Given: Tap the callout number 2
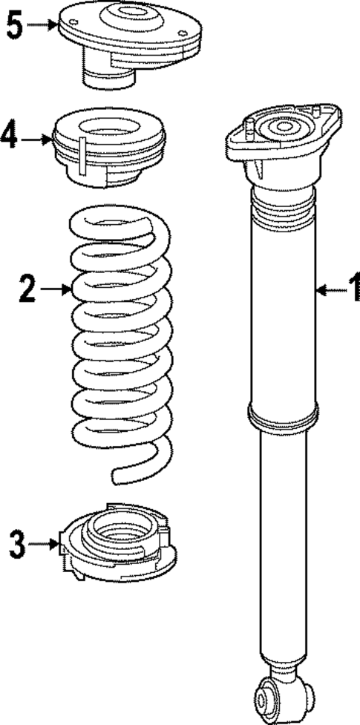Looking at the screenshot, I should coord(27,288).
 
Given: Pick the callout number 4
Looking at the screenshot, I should coord(10,137).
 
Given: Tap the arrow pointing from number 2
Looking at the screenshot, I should coord(55,289).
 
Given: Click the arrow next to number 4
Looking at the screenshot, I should coord(36,138).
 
